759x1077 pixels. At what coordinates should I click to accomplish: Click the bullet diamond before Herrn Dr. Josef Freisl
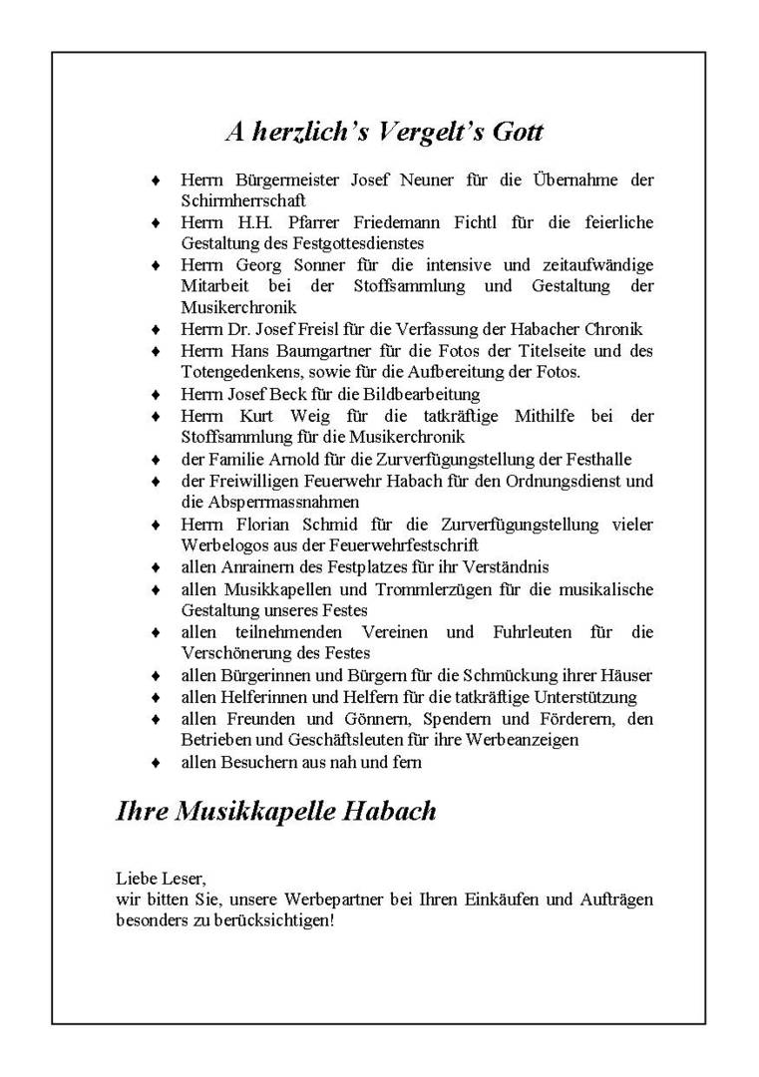tap(155, 330)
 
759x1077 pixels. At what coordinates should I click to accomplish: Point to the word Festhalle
tap(599, 459)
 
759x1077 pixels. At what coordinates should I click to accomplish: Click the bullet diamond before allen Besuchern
tap(155, 763)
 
